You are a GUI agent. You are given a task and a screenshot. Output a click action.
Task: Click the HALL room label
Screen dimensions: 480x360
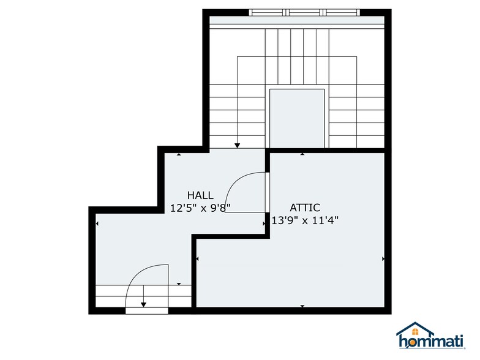click(200, 195)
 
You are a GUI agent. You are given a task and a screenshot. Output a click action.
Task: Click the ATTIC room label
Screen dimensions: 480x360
click(305, 208)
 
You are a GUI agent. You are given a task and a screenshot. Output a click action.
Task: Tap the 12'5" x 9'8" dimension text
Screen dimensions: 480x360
click(200, 208)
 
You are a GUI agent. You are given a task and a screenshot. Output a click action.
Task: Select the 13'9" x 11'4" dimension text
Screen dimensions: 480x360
click(305, 220)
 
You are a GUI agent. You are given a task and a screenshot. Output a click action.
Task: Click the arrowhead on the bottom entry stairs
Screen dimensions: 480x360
click(143, 305)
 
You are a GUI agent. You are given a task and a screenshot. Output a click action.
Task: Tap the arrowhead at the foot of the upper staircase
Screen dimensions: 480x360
click(238, 146)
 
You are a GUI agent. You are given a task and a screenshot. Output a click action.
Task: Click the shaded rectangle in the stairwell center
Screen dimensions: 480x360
click(296, 119)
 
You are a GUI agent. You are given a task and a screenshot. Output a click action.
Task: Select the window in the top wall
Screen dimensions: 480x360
click(304, 12)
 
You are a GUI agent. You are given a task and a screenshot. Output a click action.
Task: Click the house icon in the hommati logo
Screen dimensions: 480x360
click(415, 329)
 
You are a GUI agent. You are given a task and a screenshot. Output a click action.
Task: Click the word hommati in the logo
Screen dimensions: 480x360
click(431, 342)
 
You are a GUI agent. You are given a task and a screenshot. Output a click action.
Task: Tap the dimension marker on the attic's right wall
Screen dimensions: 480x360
click(383, 259)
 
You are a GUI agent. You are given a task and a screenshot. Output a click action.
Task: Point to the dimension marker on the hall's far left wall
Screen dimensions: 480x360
click(97, 224)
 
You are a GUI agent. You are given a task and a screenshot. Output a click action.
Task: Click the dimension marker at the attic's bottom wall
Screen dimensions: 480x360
click(302, 306)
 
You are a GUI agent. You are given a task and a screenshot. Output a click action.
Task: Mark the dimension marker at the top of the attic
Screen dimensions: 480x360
click(302, 154)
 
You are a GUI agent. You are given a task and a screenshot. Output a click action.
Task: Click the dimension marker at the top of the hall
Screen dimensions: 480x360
click(179, 154)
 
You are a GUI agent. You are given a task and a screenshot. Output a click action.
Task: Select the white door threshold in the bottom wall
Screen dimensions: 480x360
click(147, 311)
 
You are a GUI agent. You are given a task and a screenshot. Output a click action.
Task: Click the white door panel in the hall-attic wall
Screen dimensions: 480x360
click(267, 192)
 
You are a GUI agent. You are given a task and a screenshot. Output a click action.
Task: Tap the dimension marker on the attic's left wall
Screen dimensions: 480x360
click(197, 259)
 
